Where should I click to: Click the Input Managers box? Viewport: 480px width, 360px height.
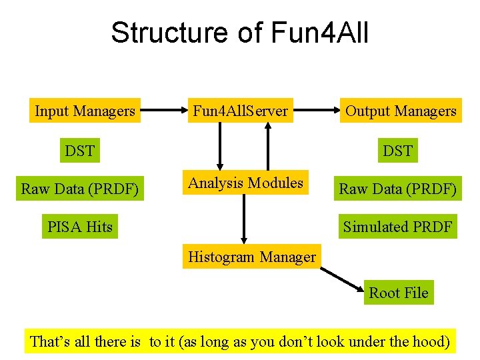85,111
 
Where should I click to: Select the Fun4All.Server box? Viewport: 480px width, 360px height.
240,111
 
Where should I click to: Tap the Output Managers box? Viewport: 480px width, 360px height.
400,111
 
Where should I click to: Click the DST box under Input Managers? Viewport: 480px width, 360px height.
79,151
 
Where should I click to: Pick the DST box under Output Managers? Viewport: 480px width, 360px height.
397,151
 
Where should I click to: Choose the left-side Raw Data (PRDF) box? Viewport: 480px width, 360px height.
80,189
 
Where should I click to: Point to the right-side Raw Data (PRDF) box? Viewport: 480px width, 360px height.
398,189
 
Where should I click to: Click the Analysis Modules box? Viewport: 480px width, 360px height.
245,183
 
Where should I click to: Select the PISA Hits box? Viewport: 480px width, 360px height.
80,227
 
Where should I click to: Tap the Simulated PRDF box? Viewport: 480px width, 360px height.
398,227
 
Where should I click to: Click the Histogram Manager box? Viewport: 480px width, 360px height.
252,257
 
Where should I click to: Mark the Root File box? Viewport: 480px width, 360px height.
399,292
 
